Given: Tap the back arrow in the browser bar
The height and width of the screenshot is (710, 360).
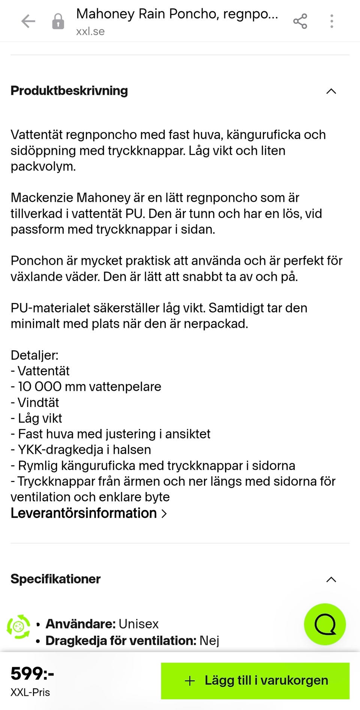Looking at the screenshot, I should [x=28, y=21].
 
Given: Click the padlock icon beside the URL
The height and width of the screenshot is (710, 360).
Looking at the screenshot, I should [x=58, y=21].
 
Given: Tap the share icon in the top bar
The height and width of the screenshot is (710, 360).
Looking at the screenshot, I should [x=300, y=21].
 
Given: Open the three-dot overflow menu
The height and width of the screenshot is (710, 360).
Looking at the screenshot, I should [x=331, y=21].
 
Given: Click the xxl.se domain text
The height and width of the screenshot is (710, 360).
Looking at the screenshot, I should [x=90, y=32].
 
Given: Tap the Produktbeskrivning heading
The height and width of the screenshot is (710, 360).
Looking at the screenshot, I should [x=69, y=91].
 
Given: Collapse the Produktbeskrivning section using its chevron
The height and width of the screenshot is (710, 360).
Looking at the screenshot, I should [x=331, y=92].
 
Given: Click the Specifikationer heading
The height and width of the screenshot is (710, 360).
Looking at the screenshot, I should [x=55, y=579].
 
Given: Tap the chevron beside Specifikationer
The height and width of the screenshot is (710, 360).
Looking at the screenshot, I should [x=331, y=580].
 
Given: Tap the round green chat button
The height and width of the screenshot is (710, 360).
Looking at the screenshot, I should [x=325, y=624].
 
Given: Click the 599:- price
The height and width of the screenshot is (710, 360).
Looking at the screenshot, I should [x=32, y=674].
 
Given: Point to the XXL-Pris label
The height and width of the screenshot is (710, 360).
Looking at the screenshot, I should [x=30, y=692].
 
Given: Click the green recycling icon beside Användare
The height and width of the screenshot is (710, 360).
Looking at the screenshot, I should [x=18, y=626].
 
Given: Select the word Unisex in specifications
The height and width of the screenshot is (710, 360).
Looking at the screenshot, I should [x=138, y=624].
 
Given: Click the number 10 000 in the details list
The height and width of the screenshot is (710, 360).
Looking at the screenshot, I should [x=40, y=387].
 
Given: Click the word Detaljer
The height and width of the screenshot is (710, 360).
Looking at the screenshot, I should [x=34, y=355].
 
